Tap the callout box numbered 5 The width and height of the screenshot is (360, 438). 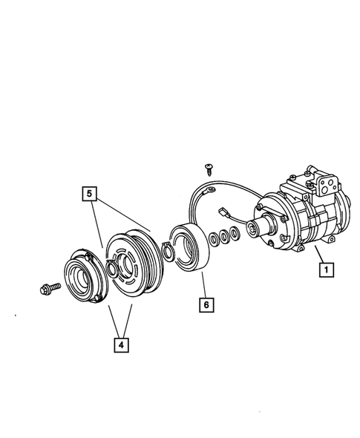(88, 195)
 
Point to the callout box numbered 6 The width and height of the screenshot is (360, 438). (206, 304)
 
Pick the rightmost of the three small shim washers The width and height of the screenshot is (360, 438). (235, 235)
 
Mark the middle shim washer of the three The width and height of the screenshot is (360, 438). (223, 237)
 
